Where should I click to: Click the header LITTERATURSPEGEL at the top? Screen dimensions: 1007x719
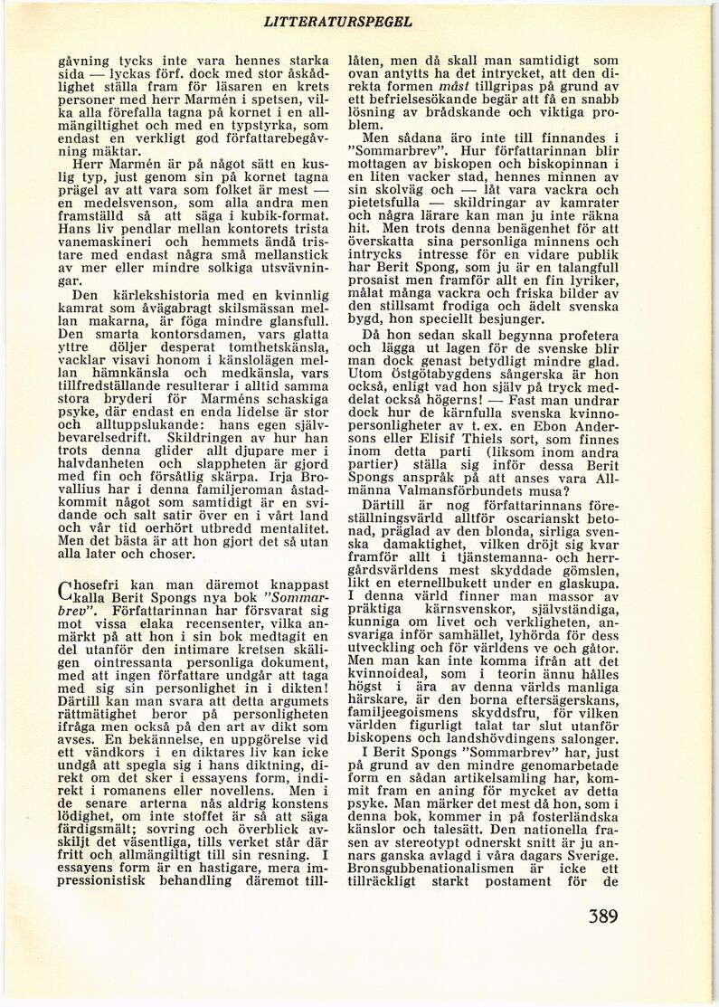point(339,21)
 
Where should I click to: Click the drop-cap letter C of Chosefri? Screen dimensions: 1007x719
point(64,590)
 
